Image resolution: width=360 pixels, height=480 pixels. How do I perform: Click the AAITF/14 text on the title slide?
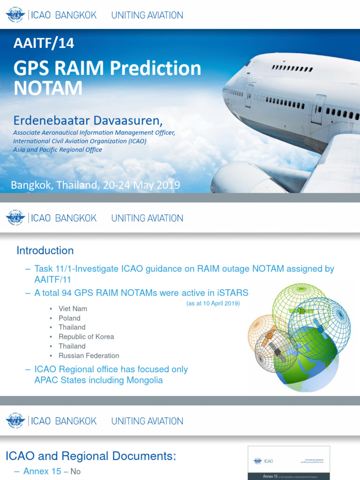44,44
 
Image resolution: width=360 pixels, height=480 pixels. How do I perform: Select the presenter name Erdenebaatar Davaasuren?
88,121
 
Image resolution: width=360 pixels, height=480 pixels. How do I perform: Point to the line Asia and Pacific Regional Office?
57,150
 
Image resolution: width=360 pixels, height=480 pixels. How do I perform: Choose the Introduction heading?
45,250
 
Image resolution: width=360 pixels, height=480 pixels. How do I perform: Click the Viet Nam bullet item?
73,308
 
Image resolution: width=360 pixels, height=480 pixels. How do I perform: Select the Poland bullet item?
69,318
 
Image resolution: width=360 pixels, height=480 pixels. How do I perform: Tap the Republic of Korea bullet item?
86,337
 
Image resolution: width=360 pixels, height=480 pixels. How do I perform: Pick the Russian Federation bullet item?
89,355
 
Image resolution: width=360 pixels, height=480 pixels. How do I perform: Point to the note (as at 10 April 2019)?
213,303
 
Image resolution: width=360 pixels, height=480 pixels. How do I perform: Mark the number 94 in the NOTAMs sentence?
67,293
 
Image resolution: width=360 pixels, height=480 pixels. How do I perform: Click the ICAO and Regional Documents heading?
90,456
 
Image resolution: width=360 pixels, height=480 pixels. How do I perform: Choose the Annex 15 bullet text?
42,472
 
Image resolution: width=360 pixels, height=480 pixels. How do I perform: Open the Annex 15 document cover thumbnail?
289,463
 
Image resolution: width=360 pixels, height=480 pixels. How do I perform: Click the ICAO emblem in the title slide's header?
15,15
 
